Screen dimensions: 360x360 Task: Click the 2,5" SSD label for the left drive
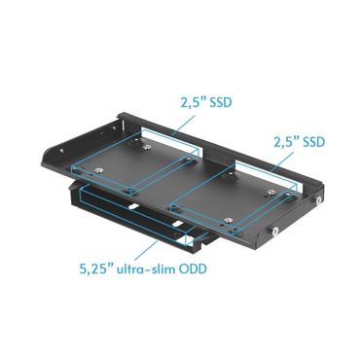(x=205, y=100)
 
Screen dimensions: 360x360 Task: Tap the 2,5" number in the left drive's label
(x=190, y=100)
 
